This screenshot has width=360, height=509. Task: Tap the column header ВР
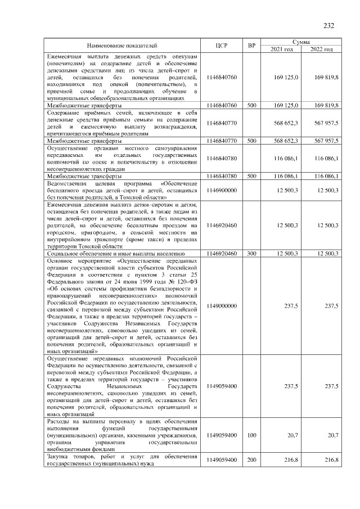point(251,46)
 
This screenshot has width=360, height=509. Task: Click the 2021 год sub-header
point(282,49)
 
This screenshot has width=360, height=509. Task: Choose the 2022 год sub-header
point(321,49)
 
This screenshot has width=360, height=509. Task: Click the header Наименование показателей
point(122,46)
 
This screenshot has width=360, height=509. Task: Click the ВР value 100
point(251,435)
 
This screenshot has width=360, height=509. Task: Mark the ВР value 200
point(251,460)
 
